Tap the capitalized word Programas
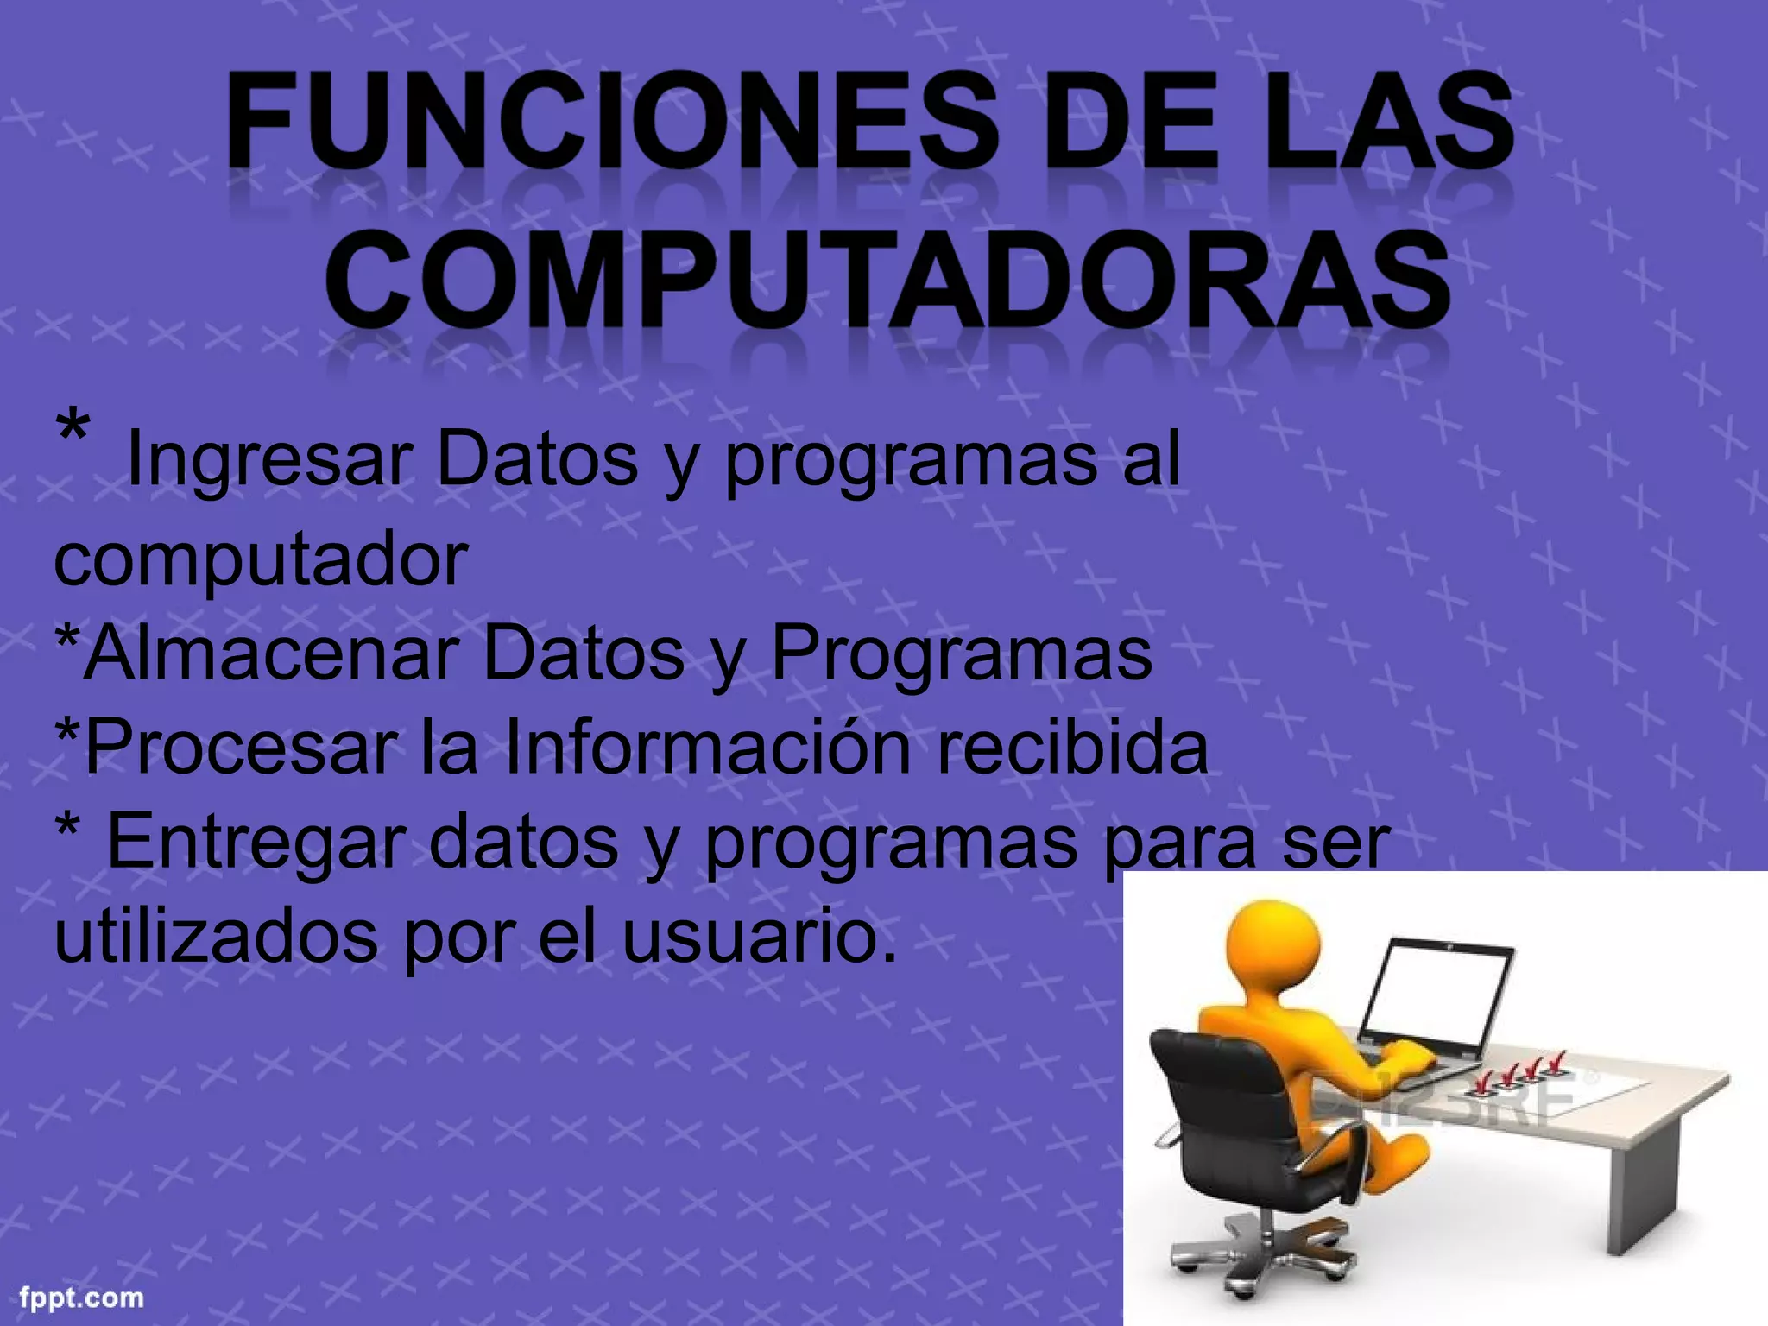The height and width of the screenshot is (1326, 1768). point(961,654)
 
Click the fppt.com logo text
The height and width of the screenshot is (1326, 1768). point(81,1298)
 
